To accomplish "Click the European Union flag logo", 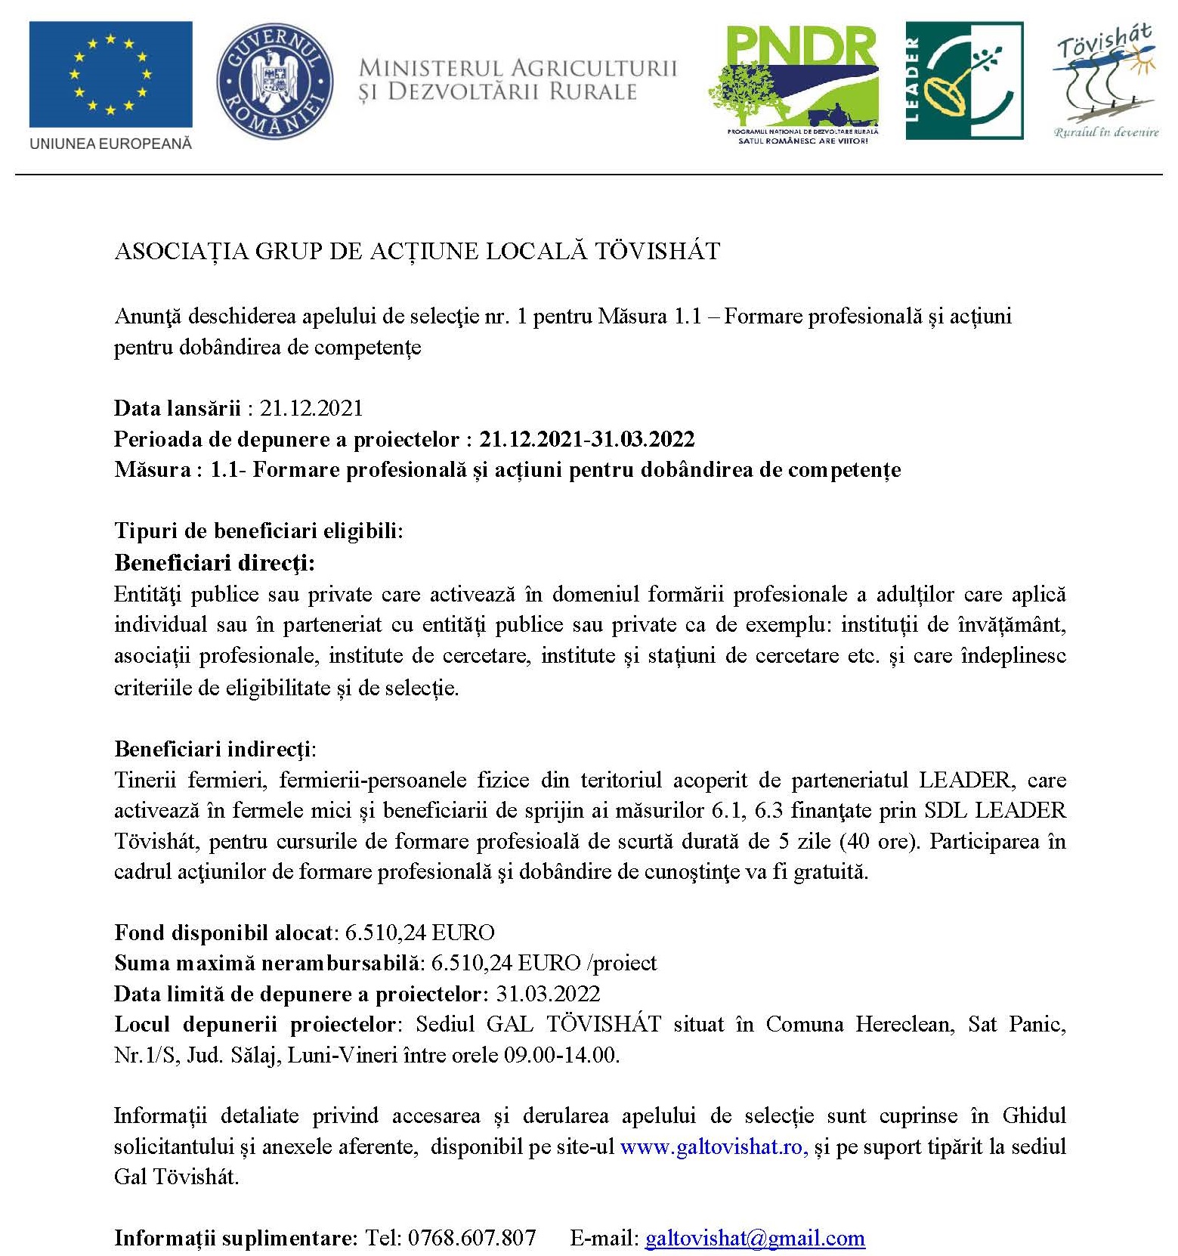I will (x=110, y=74).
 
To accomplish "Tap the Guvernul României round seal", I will (x=274, y=81).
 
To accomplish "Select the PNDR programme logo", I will (x=793, y=83).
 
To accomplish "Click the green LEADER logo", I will (x=964, y=80).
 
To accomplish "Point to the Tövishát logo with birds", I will (x=1105, y=79).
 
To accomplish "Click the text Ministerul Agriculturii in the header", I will (x=518, y=68).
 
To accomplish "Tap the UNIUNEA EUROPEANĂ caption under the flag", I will (x=110, y=144).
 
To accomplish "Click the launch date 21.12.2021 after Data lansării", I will (x=311, y=409).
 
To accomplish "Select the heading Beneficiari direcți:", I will (x=215, y=563).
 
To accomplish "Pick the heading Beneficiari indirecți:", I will (x=215, y=749).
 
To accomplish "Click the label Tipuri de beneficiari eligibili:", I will (x=258, y=531).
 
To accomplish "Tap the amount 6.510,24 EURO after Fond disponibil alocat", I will (x=419, y=933).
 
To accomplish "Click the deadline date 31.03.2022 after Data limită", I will (x=548, y=994).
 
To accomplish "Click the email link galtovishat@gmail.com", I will (x=754, y=1239).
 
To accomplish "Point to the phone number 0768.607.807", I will (x=472, y=1239).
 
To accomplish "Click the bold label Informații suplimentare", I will (x=234, y=1239).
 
